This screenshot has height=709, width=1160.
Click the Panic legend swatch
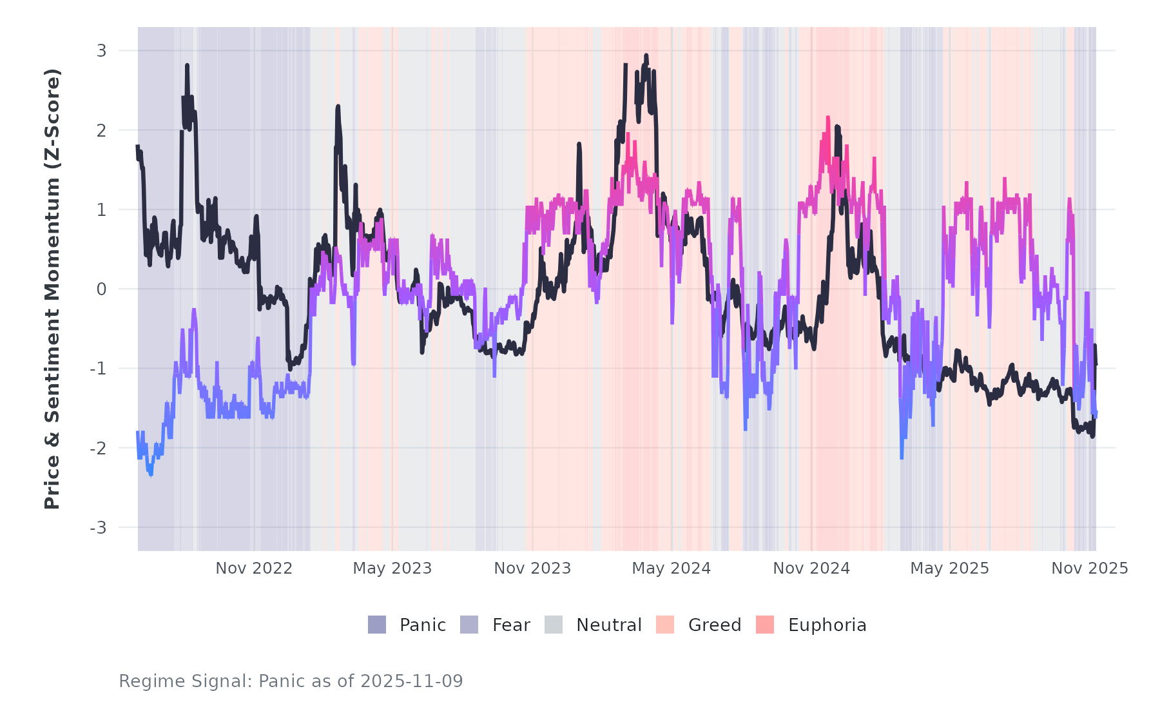pyautogui.click(x=377, y=625)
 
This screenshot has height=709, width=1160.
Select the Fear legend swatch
pyautogui.click(x=469, y=625)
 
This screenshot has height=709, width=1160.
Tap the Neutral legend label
pyautogui.click(x=608, y=625)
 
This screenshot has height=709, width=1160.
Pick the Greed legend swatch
pyautogui.click(x=665, y=625)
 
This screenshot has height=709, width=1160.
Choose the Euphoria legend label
pyautogui.click(x=827, y=625)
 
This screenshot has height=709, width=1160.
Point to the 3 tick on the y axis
pyautogui.click(x=101, y=50)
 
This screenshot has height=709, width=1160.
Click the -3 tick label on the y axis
pyautogui.click(x=98, y=528)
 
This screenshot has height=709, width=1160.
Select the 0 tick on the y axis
pyautogui.click(x=101, y=289)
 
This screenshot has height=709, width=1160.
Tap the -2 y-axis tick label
pyautogui.click(x=98, y=448)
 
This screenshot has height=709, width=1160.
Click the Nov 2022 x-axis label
pyautogui.click(x=254, y=568)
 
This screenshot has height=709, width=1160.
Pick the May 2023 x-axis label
pyautogui.click(x=392, y=568)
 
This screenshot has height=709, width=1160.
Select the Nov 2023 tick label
pyautogui.click(x=532, y=568)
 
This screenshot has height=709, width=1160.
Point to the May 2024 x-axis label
pyautogui.click(x=671, y=568)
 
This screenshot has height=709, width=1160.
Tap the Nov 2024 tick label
pyautogui.click(x=811, y=568)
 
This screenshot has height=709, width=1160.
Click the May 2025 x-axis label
pyautogui.click(x=949, y=568)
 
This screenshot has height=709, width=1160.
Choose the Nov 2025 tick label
pyautogui.click(x=1090, y=568)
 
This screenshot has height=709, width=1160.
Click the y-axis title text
pyautogui.click(x=52, y=289)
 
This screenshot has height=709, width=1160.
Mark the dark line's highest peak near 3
pyautogui.click(x=646, y=56)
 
